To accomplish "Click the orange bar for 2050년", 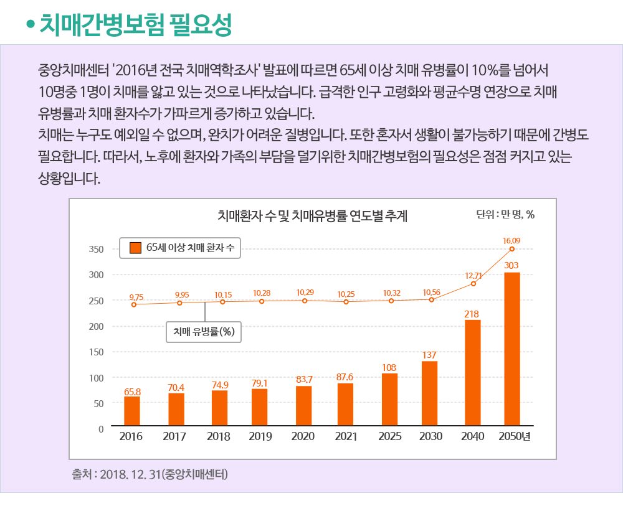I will (512, 349).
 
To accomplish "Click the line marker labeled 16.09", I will (512, 249).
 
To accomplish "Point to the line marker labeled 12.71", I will (473, 284).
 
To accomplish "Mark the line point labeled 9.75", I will (133, 304).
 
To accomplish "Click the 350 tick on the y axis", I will (95, 249).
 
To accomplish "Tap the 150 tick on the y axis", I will (95, 352).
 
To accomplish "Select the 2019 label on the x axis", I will (260, 436).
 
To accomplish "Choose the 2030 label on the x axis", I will (430, 436).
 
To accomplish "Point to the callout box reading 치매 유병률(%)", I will (203, 332).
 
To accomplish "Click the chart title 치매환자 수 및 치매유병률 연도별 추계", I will (313, 216).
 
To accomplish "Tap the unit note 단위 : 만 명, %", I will (505, 215).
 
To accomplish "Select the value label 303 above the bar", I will (511, 266).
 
